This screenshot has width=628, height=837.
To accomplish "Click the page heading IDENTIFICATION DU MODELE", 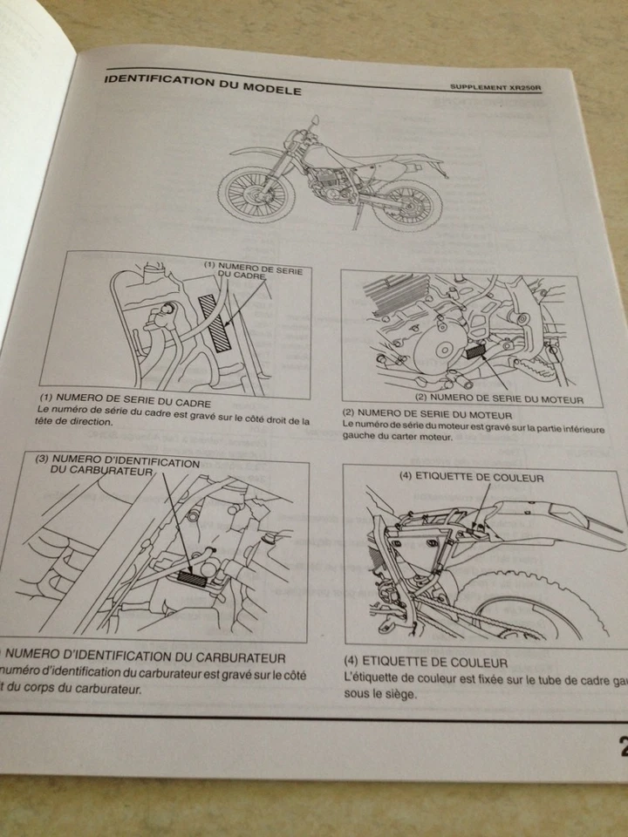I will (202, 85).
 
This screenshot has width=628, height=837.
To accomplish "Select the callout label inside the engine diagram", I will (509, 400).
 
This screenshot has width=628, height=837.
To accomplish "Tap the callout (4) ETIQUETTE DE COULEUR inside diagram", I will (471, 477).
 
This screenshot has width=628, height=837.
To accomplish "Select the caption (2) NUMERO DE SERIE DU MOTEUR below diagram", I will (427, 413).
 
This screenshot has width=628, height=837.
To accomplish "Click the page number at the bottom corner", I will (621, 747).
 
